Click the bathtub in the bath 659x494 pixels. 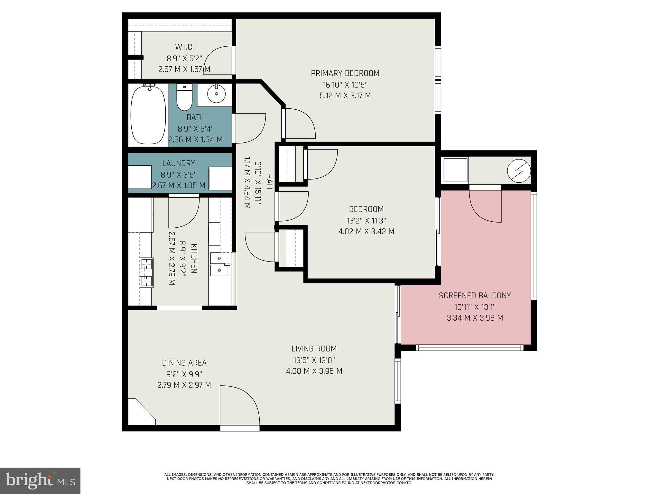(x=148, y=115)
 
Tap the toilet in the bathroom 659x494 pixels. (x=184, y=97)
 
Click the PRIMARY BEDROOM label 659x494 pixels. (x=345, y=73)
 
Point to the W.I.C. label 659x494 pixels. (x=184, y=47)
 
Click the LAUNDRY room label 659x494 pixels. (x=179, y=163)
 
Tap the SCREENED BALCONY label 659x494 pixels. (x=475, y=296)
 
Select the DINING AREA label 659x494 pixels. (x=184, y=363)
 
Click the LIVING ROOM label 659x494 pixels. (x=314, y=349)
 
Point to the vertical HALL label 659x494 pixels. (x=269, y=183)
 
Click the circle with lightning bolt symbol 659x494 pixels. (x=519, y=170)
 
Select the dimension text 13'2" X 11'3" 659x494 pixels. (x=366, y=221)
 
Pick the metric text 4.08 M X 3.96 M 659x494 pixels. (x=314, y=371)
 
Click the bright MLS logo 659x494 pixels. (x=40, y=481)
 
